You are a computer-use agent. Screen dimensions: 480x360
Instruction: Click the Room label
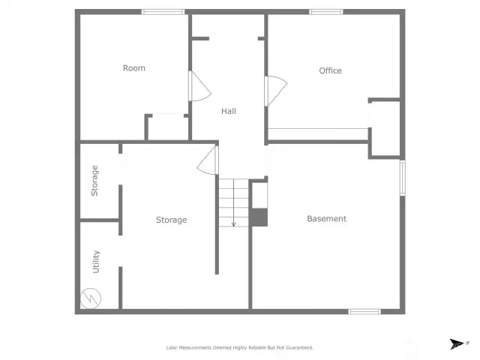[134, 68]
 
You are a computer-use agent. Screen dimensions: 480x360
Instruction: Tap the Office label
[330, 70]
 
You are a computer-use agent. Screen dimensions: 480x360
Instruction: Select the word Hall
[229, 111]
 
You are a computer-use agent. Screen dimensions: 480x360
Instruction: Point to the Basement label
[327, 218]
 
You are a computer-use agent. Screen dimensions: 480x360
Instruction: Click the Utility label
[96, 262]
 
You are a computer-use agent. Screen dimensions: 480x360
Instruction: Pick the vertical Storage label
[94, 181]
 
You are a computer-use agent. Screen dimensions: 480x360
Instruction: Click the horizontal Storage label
[172, 220]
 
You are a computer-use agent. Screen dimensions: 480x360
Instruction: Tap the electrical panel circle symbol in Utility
[91, 298]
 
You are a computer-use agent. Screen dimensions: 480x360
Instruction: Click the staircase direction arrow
[233, 203]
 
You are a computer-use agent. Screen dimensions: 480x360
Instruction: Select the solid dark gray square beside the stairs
[259, 217]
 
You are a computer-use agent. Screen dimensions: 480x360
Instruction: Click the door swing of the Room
[199, 87]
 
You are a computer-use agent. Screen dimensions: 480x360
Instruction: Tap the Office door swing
[276, 91]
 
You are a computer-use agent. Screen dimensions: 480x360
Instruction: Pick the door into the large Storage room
[208, 160]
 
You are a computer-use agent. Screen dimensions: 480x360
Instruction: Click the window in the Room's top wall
[163, 12]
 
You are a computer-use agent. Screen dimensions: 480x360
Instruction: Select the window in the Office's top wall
[326, 12]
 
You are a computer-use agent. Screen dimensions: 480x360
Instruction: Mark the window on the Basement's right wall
[403, 178]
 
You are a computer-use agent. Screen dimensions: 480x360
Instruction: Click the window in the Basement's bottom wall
[364, 312]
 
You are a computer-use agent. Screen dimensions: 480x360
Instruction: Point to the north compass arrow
[457, 343]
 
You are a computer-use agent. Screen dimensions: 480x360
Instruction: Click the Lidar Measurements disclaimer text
[240, 348]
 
